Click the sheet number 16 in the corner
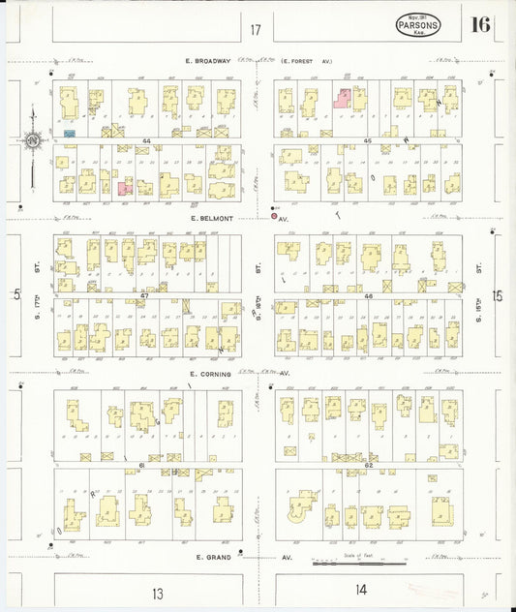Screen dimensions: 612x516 coord(481,24)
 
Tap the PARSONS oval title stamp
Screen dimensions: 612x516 coord(418,26)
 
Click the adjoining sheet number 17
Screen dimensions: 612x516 coord(255,30)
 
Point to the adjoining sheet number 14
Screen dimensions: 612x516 coord(361,589)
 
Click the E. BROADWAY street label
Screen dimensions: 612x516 coord(210,61)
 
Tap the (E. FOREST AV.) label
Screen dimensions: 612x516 coord(308,61)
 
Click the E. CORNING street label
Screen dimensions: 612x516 coord(210,373)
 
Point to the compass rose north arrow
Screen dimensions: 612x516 coord(32,141)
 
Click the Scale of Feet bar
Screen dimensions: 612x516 coord(358,563)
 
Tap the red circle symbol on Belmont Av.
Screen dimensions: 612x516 coord(274,216)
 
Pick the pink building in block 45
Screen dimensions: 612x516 coord(343,97)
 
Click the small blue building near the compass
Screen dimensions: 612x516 coord(69,132)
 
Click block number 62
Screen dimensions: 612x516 coord(368,466)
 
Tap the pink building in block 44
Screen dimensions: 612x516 coord(125,188)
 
